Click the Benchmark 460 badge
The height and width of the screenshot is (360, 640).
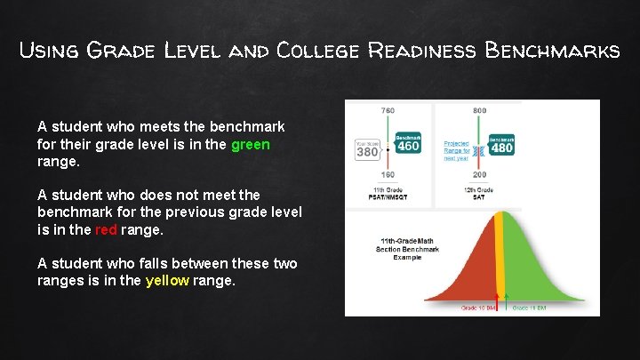click(x=407, y=144)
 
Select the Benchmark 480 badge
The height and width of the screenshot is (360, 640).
click(x=501, y=145)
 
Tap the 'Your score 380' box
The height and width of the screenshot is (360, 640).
click(x=367, y=148)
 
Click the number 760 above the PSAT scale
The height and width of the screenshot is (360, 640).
click(x=388, y=110)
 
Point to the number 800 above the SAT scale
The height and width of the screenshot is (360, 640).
click(x=480, y=110)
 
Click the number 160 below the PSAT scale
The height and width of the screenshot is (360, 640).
click(x=388, y=175)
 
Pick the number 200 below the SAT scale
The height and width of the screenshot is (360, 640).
click(x=480, y=175)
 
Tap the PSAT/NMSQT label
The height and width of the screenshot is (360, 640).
click(x=388, y=196)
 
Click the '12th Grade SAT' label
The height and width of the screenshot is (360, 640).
click(x=479, y=193)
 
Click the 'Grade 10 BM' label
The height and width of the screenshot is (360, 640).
click(x=477, y=308)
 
